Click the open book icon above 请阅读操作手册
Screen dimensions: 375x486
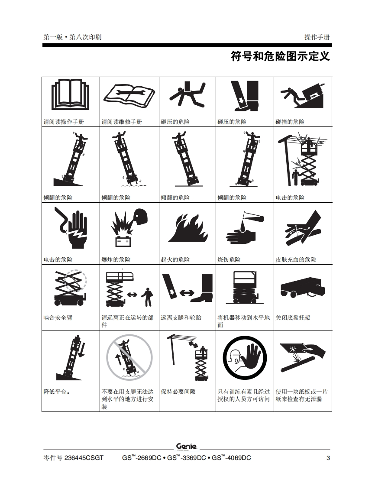click(x=70, y=94)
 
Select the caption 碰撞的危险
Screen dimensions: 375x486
click(x=290, y=122)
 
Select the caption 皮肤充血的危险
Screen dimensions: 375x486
click(x=296, y=259)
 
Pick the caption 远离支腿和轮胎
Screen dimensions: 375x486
click(x=181, y=318)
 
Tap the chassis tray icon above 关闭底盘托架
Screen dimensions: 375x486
click(x=303, y=287)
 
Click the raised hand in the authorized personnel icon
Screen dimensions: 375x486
click(x=252, y=357)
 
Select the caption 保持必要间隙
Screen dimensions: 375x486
click(x=178, y=392)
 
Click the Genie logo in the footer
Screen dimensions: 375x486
click(x=187, y=447)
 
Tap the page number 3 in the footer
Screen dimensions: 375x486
click(x=328, y=458)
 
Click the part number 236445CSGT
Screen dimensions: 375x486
click(x=84, y=458)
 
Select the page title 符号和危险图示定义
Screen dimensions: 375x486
click(x=280, y=56)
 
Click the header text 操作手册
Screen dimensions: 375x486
click(x=317, y=37)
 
